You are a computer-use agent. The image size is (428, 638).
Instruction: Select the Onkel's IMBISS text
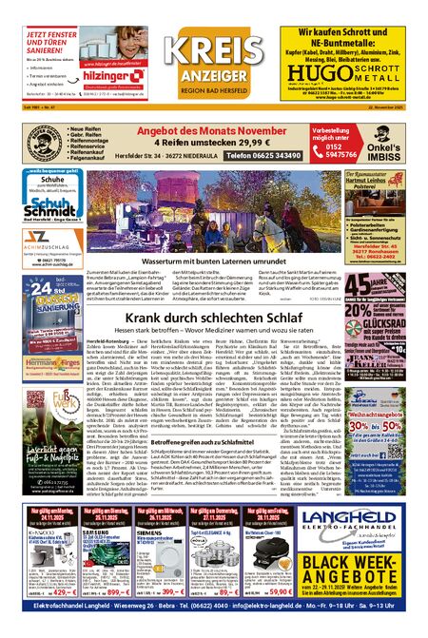pos(390,152)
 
